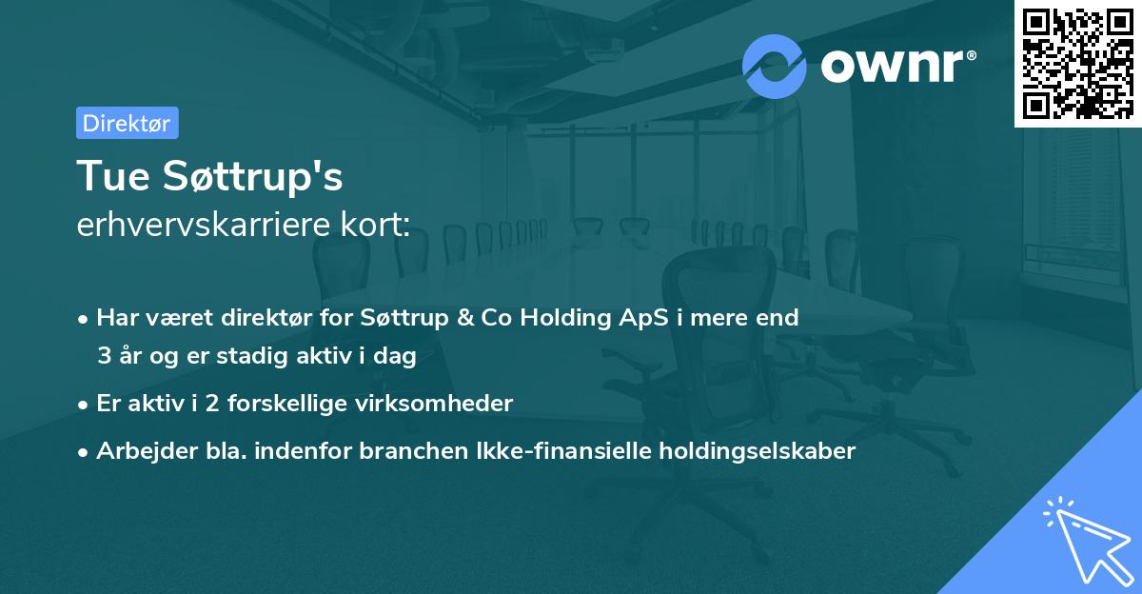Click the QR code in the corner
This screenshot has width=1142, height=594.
point(1077,63)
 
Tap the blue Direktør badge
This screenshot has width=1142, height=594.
point(127,123)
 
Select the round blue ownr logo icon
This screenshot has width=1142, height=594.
point(774,66)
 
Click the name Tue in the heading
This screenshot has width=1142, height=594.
point(106,177)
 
